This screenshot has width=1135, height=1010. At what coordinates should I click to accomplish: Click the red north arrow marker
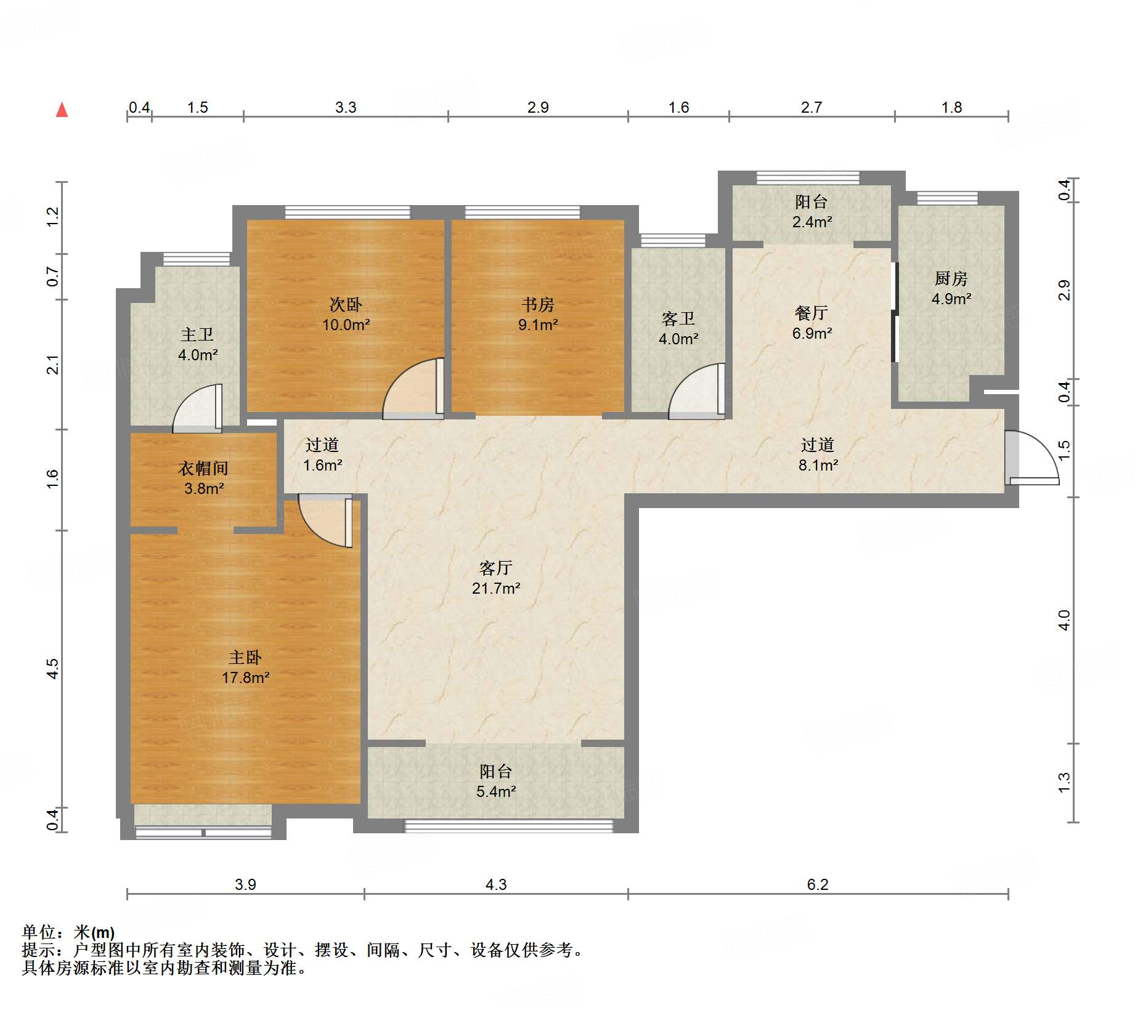[62, 110]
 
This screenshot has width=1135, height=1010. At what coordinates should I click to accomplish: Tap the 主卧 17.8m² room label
[245, 668]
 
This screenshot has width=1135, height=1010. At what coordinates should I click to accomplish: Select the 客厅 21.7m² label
[496, 578]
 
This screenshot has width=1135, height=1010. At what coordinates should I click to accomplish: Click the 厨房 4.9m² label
[951, 288]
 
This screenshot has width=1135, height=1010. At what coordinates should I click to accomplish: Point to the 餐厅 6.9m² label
[812, 323]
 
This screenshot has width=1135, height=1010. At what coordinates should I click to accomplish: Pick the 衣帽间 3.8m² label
[203, 478]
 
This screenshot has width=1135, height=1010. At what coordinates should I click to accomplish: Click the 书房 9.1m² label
[538, 314]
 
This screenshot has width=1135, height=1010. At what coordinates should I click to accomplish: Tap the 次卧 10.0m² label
[346, 314]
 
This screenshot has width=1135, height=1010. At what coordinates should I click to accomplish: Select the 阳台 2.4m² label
[812, 211]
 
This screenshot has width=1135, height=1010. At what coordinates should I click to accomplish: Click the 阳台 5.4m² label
[496, 781]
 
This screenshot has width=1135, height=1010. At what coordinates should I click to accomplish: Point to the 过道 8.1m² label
[818, 454]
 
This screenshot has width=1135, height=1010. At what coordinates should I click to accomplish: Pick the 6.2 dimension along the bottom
[817, 884]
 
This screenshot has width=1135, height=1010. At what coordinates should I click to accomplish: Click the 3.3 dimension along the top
[346, 107]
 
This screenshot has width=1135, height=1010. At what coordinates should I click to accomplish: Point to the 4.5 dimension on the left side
[53, 668]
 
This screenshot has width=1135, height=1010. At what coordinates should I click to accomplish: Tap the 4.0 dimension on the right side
[1064, 620]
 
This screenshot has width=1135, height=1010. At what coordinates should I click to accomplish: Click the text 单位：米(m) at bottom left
[68, 932]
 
